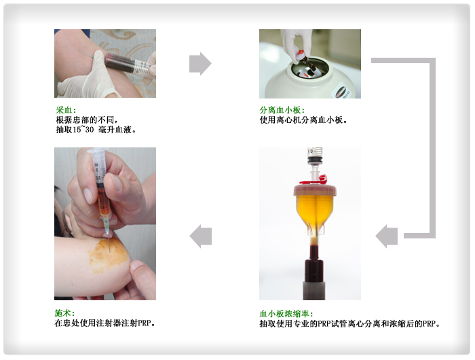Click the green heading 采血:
tap(66, 109)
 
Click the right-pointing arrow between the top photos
tap(200, 64)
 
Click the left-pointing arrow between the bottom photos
tap(200, 236)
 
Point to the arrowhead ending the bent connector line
tap(386, 236)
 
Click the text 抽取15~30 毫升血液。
tap(96, 129)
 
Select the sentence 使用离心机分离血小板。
tap(304, 120)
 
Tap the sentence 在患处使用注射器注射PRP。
tap(105, 323)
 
